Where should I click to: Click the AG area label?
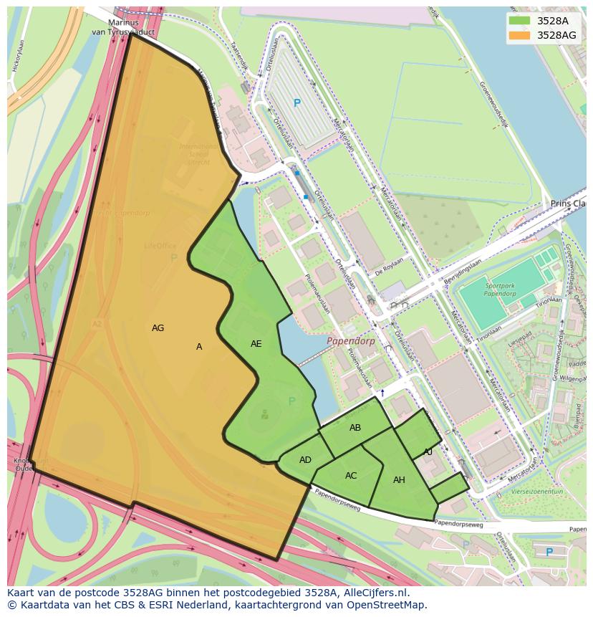(x=158, y=328)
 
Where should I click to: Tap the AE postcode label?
(x=256, y=344)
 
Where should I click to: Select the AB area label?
(x=355, y=428)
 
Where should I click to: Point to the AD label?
(x=305, y=460)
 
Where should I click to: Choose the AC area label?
(x=351, y=476)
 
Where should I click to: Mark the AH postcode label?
(x=399, y=480)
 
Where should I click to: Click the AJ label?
(x=428, y=452)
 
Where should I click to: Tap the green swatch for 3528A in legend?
(x=519, y=21)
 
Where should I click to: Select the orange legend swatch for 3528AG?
(x=519, y=35)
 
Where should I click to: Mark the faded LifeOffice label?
(x=160, y=246)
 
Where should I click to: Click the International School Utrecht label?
(x=194, y=154)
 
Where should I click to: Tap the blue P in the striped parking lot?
(x=297, y=103)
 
